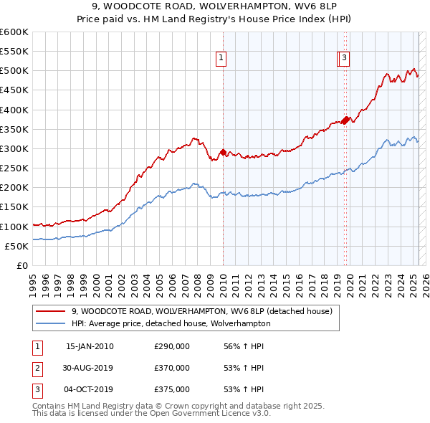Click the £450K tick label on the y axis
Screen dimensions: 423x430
coord(14,90)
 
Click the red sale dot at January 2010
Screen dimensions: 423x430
coord(223,152)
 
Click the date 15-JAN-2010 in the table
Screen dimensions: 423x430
coord(89,346)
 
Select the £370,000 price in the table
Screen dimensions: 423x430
coord(172,368)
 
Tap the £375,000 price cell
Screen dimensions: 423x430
coord(172,389)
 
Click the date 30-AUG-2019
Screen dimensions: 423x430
coord(89,368)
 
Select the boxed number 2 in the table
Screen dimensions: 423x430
coord(37,368)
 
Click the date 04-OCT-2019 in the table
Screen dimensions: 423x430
coord(89,389)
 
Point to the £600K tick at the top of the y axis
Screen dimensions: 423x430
coord(14,32)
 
